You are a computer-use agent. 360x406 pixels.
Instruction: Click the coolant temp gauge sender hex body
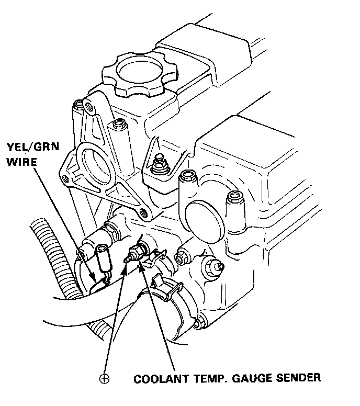[139, 250]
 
